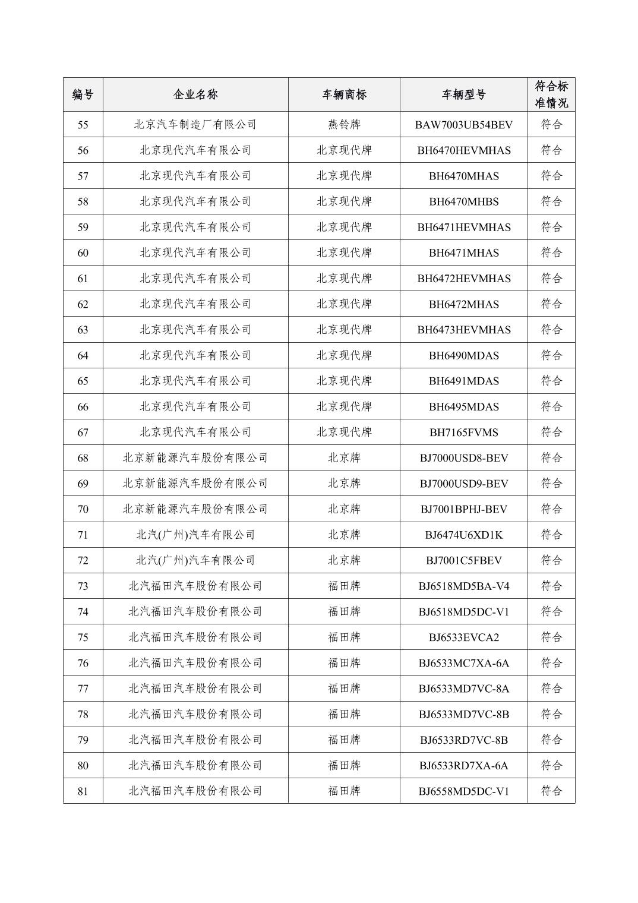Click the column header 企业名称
(195, 94)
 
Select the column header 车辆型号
(463, 94)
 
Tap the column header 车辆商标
(344, 94)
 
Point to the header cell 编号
(83, 94)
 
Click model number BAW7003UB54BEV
(463, 125)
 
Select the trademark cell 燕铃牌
(344, 125)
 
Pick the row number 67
(83, 432)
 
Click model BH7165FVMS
(463, 432)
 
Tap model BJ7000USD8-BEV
(463, 458)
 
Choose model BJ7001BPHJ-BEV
(463, 509)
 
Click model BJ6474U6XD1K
(463, 535)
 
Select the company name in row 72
(195, 560)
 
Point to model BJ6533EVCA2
(463, 637)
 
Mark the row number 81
(83, 791)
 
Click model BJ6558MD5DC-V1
(463, 791)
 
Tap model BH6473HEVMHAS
(463, 330)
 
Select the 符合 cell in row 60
(551, 253)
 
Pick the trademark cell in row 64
(344, 355)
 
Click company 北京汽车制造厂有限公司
(195, 125)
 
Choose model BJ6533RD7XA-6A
(463, 766)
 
